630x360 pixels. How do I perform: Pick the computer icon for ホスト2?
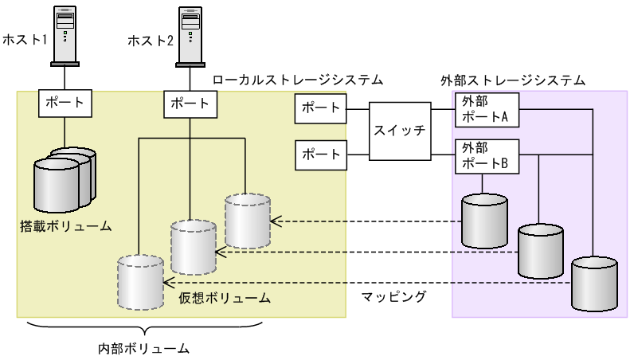point(191,36)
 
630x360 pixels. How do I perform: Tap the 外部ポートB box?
point(484,155)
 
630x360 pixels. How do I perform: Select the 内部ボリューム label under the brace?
point(143,347)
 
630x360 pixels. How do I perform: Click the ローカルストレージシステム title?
point(298,80)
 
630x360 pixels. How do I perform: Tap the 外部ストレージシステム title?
point(513,80)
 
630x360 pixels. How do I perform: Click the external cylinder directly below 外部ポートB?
point(483,215)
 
